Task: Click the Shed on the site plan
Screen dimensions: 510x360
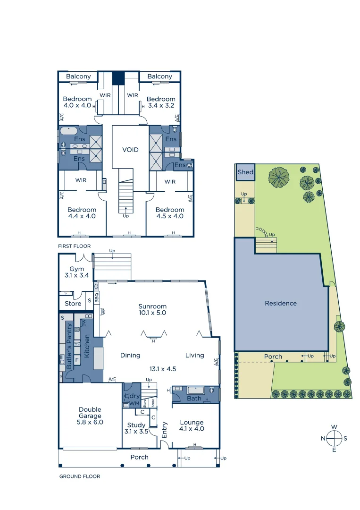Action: coord(245,172)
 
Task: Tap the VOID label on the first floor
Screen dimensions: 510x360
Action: coord(130,150)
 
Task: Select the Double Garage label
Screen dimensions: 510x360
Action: coord(90,416)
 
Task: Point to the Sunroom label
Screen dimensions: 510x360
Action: coord(152,309)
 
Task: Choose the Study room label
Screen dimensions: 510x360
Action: coord(135,428)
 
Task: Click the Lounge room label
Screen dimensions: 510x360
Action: coord(192,426)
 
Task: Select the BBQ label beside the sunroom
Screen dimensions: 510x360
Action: coord(97,298)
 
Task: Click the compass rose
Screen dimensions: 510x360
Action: coord(334,438)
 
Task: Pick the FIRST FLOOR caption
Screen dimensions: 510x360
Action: coord(74,246)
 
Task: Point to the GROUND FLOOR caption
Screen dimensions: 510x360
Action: coord(79,476)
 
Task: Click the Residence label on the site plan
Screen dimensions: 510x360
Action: coord(281,303)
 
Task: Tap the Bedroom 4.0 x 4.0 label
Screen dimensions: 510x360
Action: coord(77,102)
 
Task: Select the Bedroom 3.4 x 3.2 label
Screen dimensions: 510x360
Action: coord(160,102)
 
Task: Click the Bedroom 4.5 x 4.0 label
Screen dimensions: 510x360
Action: coord(170,213)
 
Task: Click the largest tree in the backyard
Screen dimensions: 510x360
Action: coord(279,177)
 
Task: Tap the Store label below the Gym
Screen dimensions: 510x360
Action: coord(73,304)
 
